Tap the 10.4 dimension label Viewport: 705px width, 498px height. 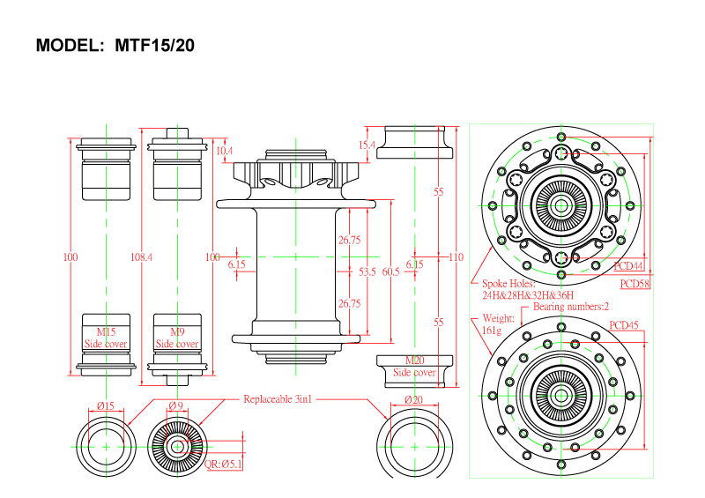(224, 151)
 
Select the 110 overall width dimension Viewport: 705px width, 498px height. (455, 257)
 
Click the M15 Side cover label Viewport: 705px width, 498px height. (106, 338)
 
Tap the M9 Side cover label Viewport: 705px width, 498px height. (177, 338)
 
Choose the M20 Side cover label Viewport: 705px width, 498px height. (414, 367)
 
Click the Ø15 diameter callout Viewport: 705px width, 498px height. (106, 405)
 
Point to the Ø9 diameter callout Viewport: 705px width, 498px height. (176, 405)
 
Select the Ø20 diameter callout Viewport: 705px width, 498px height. (412, 400)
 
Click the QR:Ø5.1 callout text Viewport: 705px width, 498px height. (222, 464)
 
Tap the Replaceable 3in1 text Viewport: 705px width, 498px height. (278, 399)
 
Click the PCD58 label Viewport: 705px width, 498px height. (634, 284)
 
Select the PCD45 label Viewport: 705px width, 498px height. (624, 325)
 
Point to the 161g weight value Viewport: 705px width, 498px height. (492, 330)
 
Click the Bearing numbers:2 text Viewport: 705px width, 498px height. (571, 307)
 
